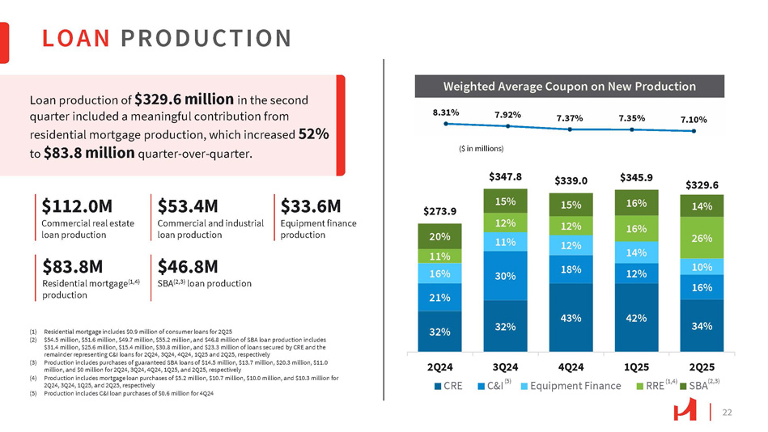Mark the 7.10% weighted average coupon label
tap(693, 119)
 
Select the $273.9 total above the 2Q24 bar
tap(439, 211)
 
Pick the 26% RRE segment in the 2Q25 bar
tap(702, 239)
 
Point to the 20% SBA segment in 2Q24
tap(439, 237)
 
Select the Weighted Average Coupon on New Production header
tap(569, 86)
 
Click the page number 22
tap(727, 413)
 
